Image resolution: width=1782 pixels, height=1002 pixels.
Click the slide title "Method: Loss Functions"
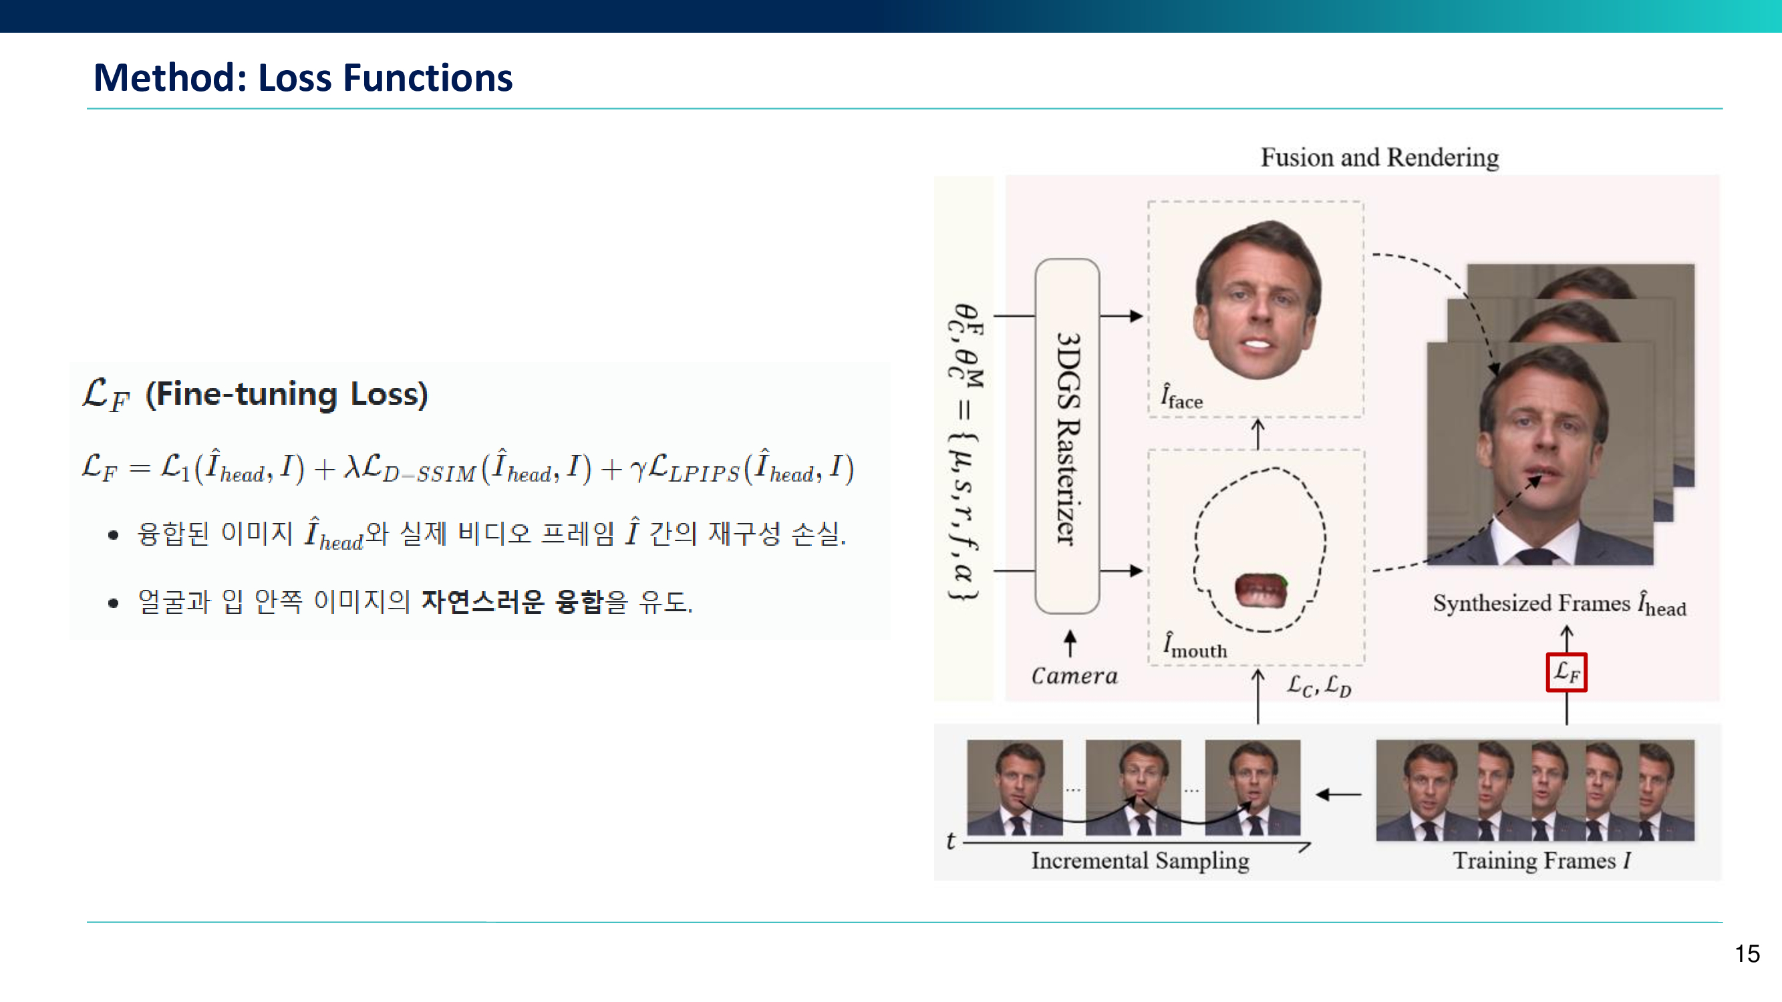click(x=303, y=77)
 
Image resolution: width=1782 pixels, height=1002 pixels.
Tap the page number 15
click(x=1747, y=954)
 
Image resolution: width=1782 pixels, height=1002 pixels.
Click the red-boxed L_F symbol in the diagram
click(x=1566, y=671)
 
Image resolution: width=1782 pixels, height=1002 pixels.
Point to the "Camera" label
click(x=1074, y=675)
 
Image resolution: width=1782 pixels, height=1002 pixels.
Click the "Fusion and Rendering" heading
click(x=1379, y=158)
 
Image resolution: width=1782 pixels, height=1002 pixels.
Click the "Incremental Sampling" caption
click(x=1140, y=860)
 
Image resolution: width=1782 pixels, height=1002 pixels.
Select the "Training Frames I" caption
click(x=1541, y=860)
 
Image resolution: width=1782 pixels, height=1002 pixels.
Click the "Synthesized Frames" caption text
click(x=1531, y=603)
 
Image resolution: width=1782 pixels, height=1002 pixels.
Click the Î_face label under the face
click(x=1181, y=396)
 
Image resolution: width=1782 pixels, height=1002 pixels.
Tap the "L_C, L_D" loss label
click(x=1318, y=686)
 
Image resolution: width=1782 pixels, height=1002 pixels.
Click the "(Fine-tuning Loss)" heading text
click(x=287, y=394)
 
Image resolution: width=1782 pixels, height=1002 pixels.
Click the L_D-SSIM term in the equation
click(x=419, y=468)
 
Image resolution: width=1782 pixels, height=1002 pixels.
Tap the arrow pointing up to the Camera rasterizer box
click(x=1070, y=643)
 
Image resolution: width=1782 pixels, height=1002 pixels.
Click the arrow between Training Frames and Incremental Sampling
click(x=1338, y=794)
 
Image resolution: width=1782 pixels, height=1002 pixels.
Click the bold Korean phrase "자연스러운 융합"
click(x=512, y=601)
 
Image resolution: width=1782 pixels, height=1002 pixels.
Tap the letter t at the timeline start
click(x=951, y=841)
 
